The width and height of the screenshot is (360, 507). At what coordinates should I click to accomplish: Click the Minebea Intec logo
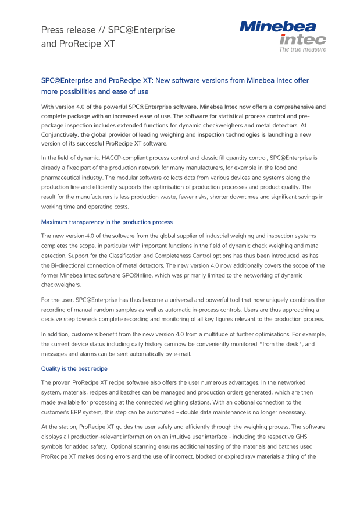click(283, 35)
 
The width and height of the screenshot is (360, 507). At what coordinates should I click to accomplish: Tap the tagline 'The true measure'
click(302, 49)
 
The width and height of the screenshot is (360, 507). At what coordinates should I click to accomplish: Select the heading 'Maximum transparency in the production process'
click(106, 222)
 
